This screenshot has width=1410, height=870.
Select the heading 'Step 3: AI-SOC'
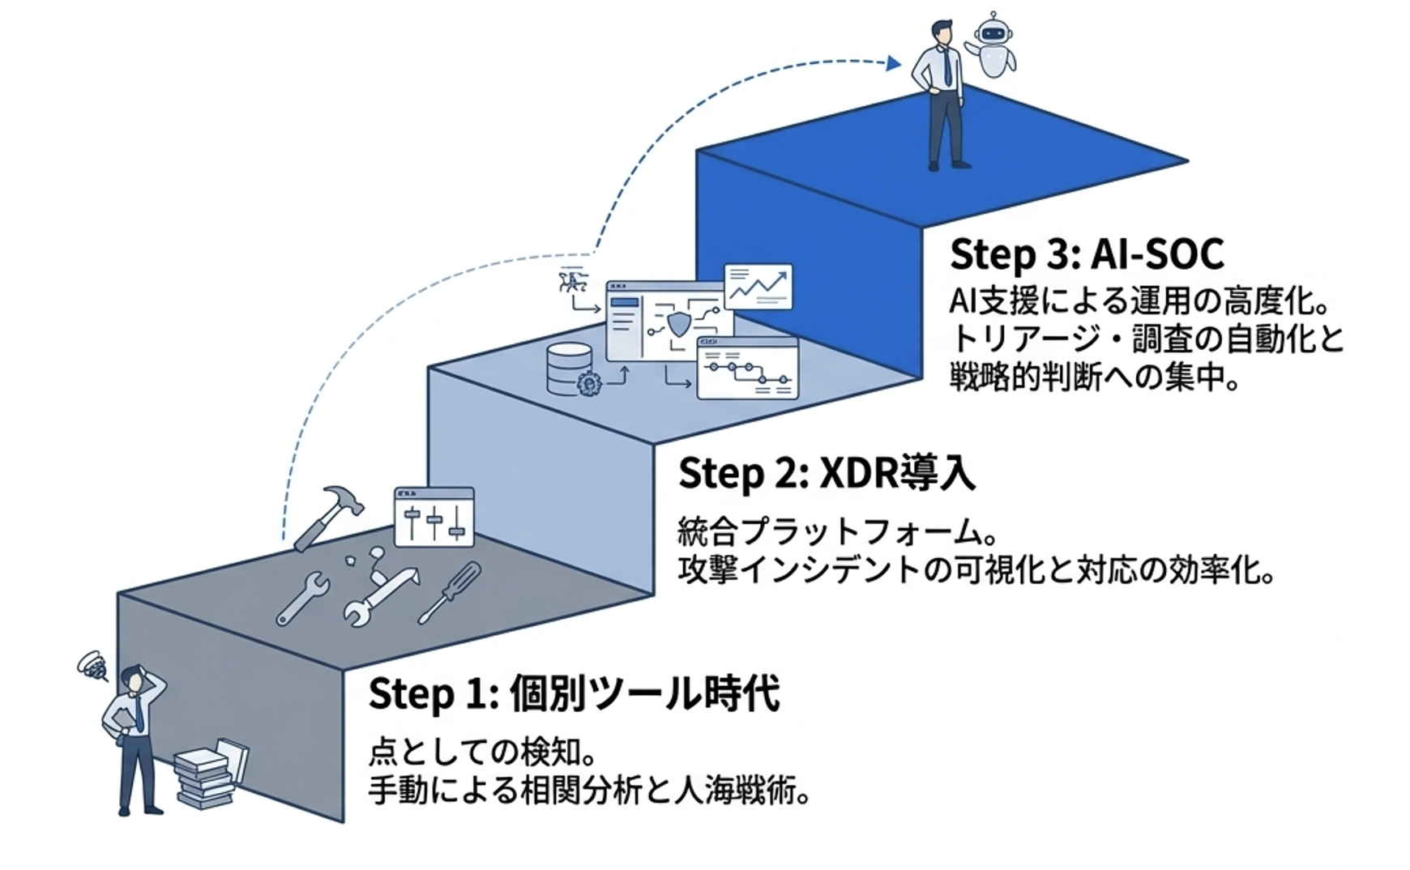coord(1086,254)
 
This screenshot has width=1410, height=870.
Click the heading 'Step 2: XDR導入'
coord(827,474)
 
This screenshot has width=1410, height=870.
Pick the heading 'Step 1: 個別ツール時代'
coord(574,694)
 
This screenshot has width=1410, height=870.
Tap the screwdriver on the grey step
coord(450,593)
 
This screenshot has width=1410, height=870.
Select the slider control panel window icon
coord(434,517)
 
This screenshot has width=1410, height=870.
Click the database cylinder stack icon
coord(569,369)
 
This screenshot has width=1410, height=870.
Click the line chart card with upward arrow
coord(758,286)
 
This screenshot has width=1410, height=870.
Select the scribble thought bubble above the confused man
coord(93,666)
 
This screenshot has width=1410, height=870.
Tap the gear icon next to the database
coord(589,382)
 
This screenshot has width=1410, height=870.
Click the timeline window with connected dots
coord(747,369)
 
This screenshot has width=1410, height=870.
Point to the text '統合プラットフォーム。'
coord(837,533)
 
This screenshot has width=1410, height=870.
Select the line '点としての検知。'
coord(483,753)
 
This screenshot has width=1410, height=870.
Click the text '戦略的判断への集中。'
coord(1095,377)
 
